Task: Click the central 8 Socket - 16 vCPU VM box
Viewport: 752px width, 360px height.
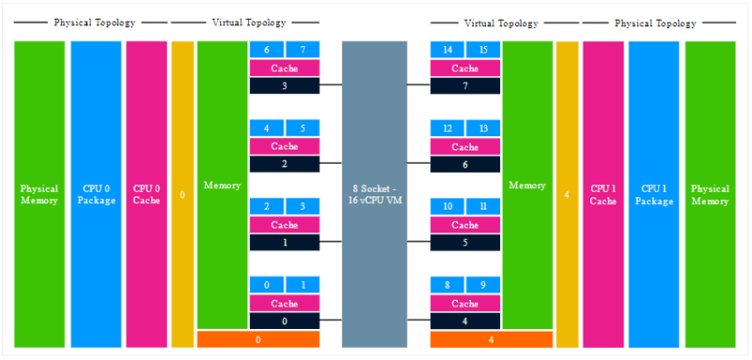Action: click(374, 194)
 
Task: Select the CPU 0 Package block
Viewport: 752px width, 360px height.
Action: click(97, 194)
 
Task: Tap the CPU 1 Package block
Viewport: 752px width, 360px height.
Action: click(653, 194)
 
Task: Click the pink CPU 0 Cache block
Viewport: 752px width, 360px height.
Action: click(146, 194)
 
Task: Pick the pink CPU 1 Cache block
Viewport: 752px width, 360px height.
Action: click(603, 194)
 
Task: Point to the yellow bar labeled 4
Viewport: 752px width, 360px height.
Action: click(567, 194)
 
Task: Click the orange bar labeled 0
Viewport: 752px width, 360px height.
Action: click(258, 339)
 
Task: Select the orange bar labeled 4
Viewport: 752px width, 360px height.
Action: click(491, 339)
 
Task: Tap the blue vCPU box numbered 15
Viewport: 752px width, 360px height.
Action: click(483, 49)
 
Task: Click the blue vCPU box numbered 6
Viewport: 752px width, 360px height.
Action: click(267, 49)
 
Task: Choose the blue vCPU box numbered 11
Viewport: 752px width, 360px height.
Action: click(483, 207)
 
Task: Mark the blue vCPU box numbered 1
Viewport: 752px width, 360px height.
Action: click(303, 285)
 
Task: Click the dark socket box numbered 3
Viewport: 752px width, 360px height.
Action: click(284, 86)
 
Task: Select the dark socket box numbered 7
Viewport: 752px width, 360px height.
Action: click(464, 86)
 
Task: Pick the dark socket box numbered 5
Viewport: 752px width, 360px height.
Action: click(464, 243)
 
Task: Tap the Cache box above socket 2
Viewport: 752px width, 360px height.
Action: click(284, 147)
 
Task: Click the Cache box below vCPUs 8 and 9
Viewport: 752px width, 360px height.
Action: click(464, 304)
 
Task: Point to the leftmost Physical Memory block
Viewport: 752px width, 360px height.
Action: click(39, 194)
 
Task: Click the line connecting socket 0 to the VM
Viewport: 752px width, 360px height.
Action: click(330, 321)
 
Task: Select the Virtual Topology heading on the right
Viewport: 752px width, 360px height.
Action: click(502, 23)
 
